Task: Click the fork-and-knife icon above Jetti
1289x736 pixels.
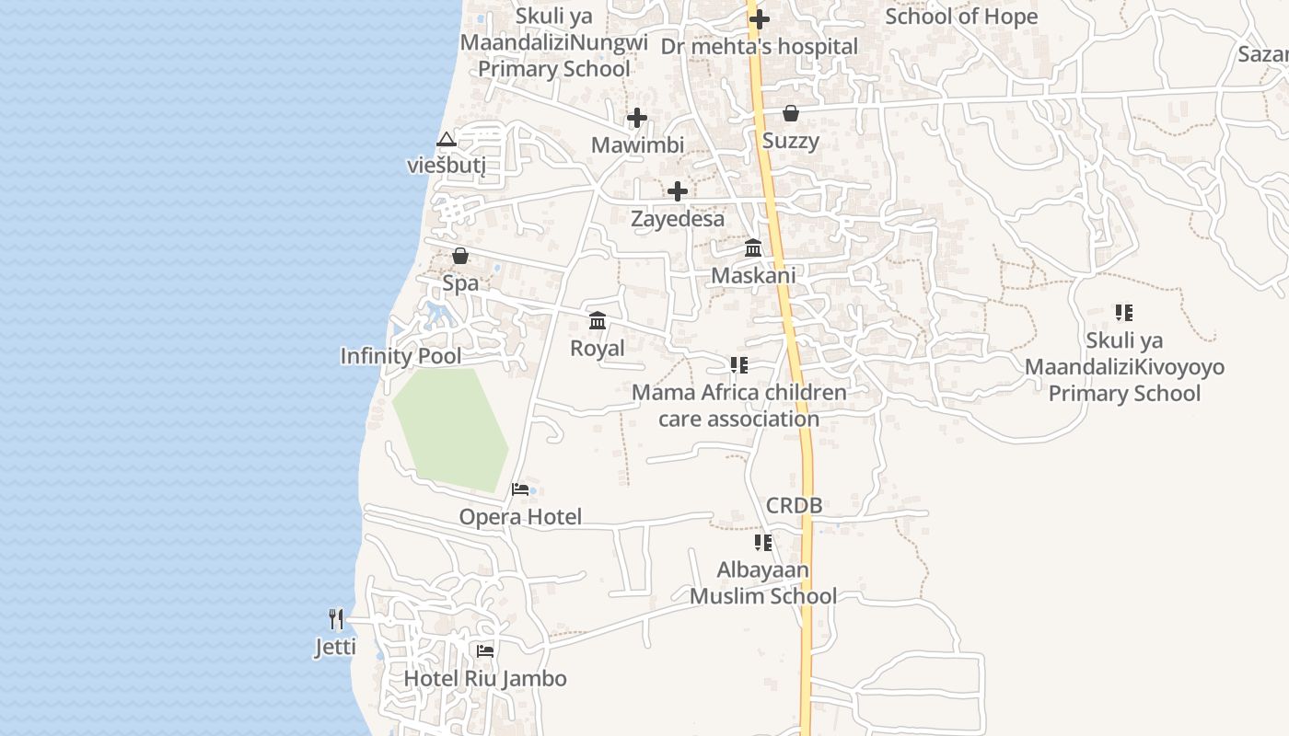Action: pyautogui.click(x=336, y=619)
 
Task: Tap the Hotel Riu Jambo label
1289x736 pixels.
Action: pyautogui.click(x=485, y=679)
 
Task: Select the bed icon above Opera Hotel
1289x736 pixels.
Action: pyautogui.click(x=520, y=489)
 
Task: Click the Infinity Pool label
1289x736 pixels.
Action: pyautogui.click(x=401, y=356)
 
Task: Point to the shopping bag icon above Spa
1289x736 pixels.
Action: pyautogui.click(x=460, y=256)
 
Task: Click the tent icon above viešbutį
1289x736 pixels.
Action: pyautogui.click(x=447, y=140)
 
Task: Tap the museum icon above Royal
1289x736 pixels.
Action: pyautogui.click(x=598, y=321)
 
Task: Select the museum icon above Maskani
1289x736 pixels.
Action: pyautogui.click(x=753, y=248)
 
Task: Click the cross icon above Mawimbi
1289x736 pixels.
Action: pyautogui.click(x=637, y=118)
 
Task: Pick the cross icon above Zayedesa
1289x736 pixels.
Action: pyautogui.click(x=678, y=191)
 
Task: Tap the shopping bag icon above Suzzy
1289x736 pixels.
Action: pyautogui.click(x=790, y=113)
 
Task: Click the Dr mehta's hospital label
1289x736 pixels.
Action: pyautogui.click(x=760, y=46)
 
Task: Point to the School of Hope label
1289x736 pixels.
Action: pyautogui.click(x=961, y=17)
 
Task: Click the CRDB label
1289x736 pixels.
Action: pyautogui.click(x=794, y=505)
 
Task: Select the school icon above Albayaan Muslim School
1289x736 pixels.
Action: pyautogui.click(x=762, y=543)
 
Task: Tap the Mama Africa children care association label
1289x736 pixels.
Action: pyautogui.click(x=738, y=406)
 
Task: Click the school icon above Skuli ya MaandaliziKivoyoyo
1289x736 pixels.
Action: pyautogui.click(x=1123, y=313)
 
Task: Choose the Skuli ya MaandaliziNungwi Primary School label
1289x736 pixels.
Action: pyautogui.click(x=554, y=42)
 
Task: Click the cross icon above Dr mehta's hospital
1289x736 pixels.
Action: pyautogui.click(x=760, y=18)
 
